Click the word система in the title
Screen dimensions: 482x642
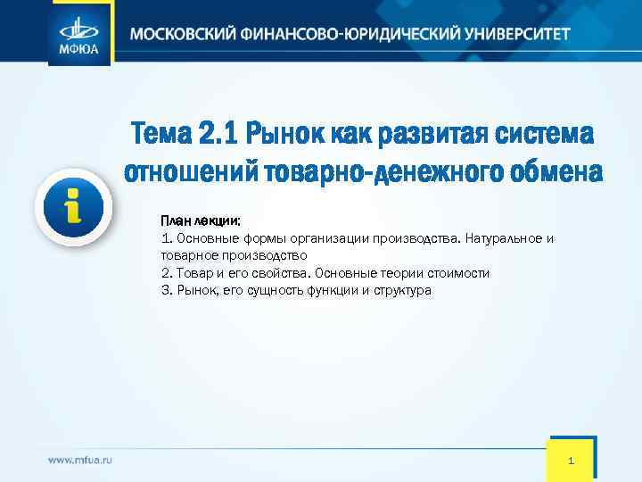[x=545, y=135]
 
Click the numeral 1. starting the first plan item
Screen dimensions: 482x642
[x=167, y=238]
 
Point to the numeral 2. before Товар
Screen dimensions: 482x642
[x=167, y=273]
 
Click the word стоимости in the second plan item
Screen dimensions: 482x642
[x=458, y=273]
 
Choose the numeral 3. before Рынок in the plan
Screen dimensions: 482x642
[x=167, y=290]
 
